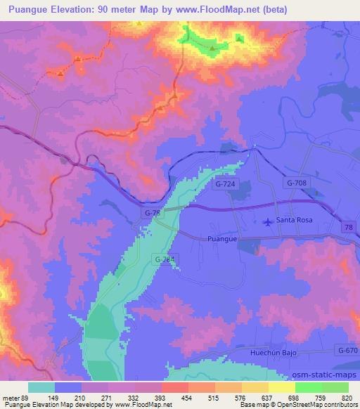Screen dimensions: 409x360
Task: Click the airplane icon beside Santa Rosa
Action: [x=268, y=223]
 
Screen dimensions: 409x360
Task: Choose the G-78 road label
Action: [x=150, y=212]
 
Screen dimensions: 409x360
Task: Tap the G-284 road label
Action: [x=164, y=260]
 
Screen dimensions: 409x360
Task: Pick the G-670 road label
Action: [x=347, y=350]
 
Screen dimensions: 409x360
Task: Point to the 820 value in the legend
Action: [x=345, y=397]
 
